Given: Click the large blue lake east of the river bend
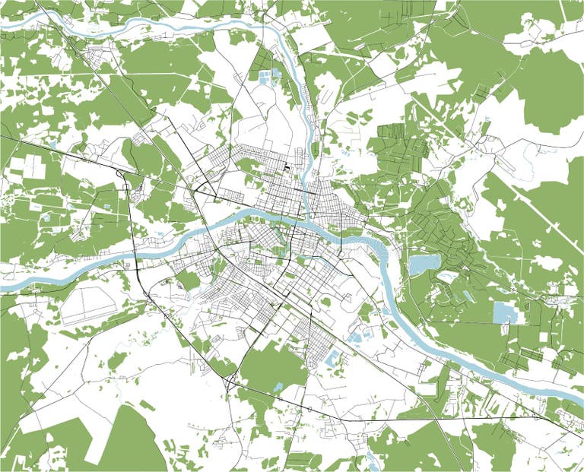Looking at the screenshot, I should point(424,264).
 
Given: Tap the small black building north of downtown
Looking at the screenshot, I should point(288,166).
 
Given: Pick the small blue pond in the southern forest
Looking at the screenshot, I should point(278,387).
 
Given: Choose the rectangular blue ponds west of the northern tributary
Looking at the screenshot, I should point(268,75).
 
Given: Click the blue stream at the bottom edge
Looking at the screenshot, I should point(372,459).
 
